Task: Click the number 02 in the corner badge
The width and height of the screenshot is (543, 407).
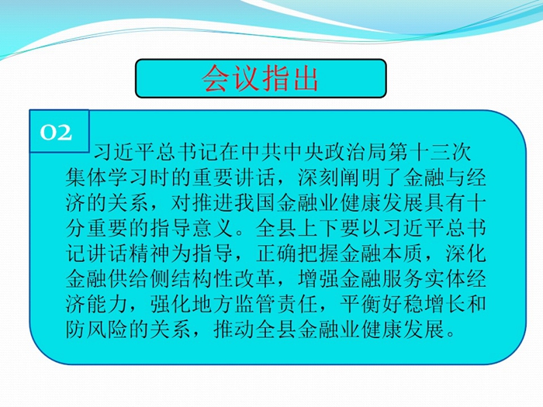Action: coord(56,133)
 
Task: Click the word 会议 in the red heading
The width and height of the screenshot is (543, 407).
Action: coord(230,78)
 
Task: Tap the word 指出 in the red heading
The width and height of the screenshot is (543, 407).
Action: coord(290,78)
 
